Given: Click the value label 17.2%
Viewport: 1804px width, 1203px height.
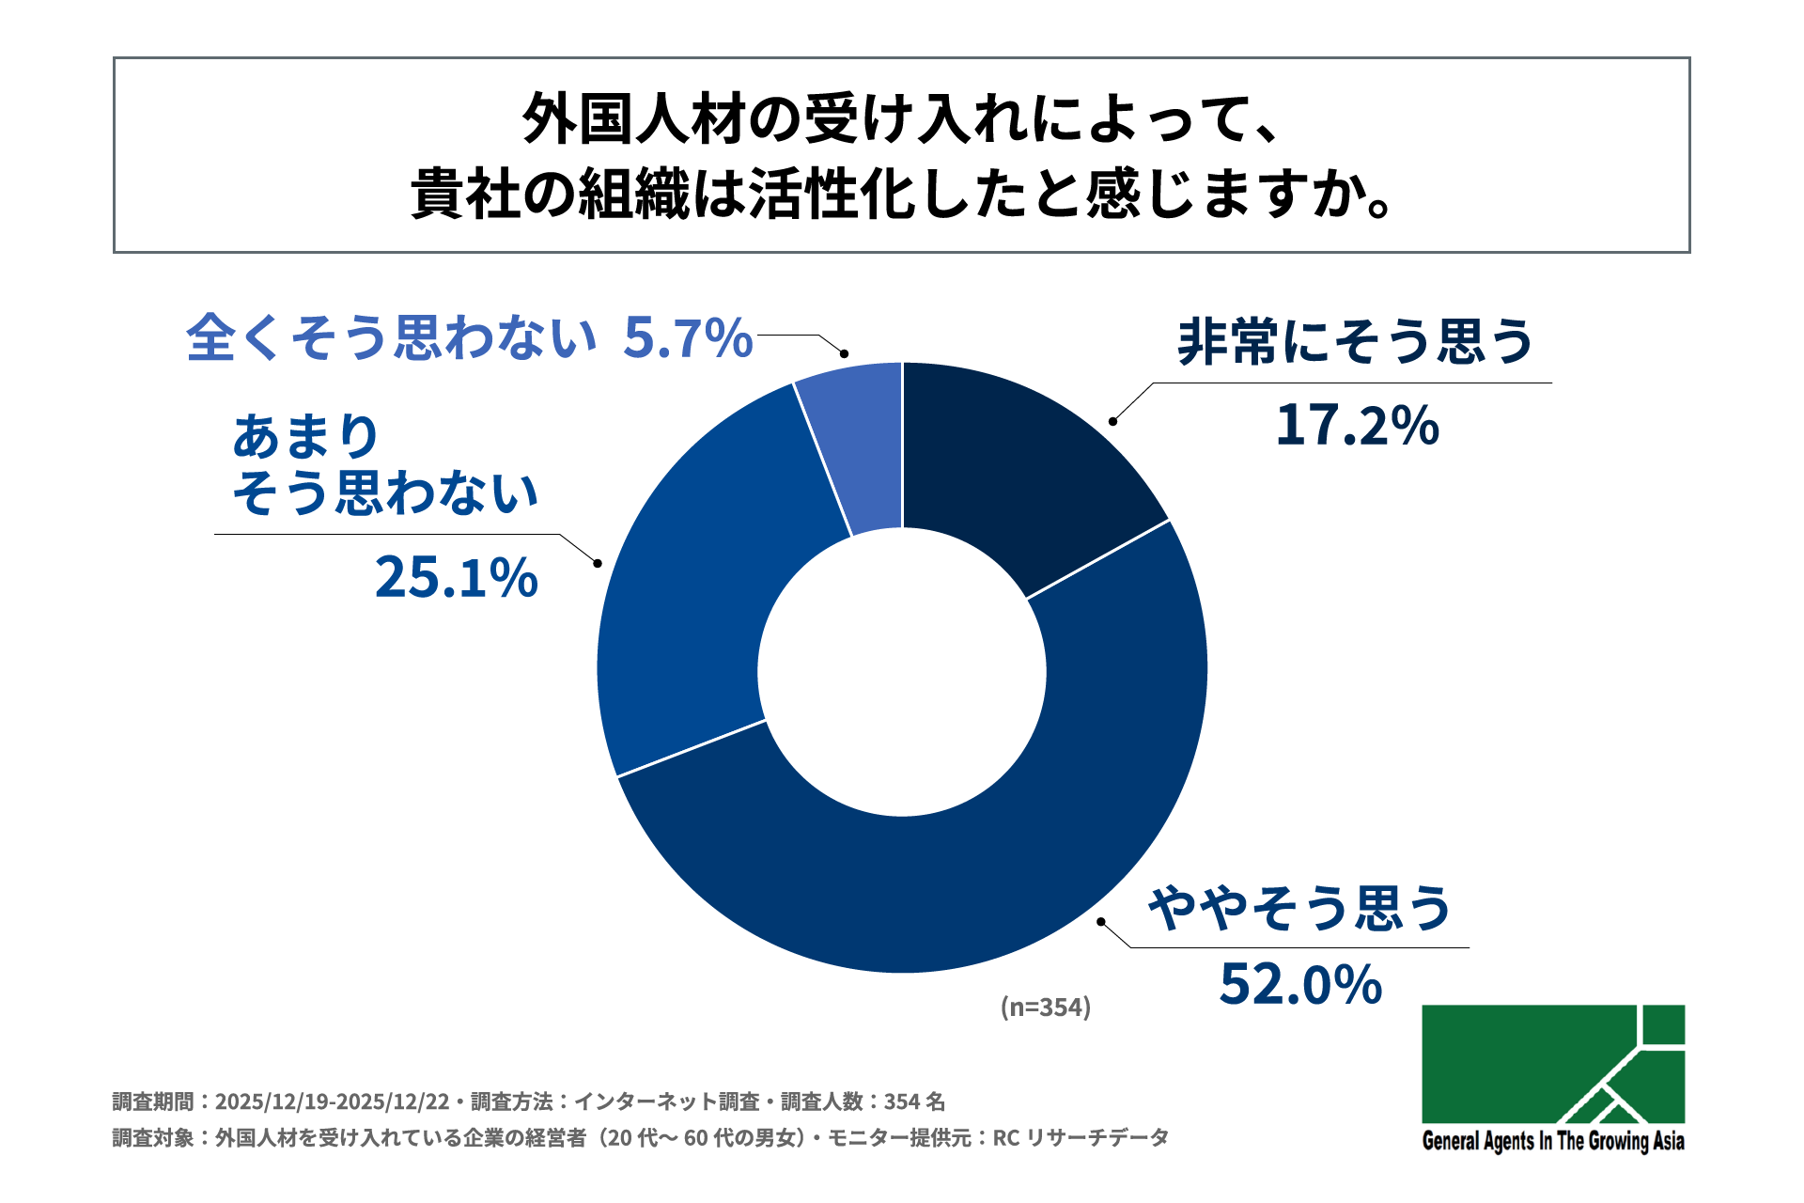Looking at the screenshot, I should pyautogui.click(x=1357, y=425).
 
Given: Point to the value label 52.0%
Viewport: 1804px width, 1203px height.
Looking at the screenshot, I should pyautogui.click(x=1300, y=984).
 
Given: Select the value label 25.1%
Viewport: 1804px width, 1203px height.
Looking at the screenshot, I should pyautogui.click(x=457, y=577).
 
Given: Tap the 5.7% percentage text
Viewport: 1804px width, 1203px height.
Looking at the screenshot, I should pyautogui.click(x=688, y=337).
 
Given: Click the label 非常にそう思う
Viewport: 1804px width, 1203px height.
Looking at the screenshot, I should pyautogui.click(x=1355, y=341).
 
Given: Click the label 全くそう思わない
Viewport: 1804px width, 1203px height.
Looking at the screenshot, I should pyautogui.click(x=391, y=337).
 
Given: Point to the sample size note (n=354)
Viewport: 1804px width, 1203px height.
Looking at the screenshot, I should pyautogui.click(x=1046, y=1007).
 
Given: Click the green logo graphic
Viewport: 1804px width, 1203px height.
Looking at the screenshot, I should pyautogui.click(x=1552, y=1064).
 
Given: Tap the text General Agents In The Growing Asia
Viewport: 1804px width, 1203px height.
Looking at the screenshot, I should pyautogui.click(x=1552, y=1141).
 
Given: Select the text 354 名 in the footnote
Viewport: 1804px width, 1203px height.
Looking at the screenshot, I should pyautogui.click(x=914, y=1101).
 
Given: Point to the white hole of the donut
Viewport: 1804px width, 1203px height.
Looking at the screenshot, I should pyautogui.click(x=902, y=671).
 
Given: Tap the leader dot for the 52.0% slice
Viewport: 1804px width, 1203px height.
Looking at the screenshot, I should pyautogui.click(x=1101, y=922).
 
